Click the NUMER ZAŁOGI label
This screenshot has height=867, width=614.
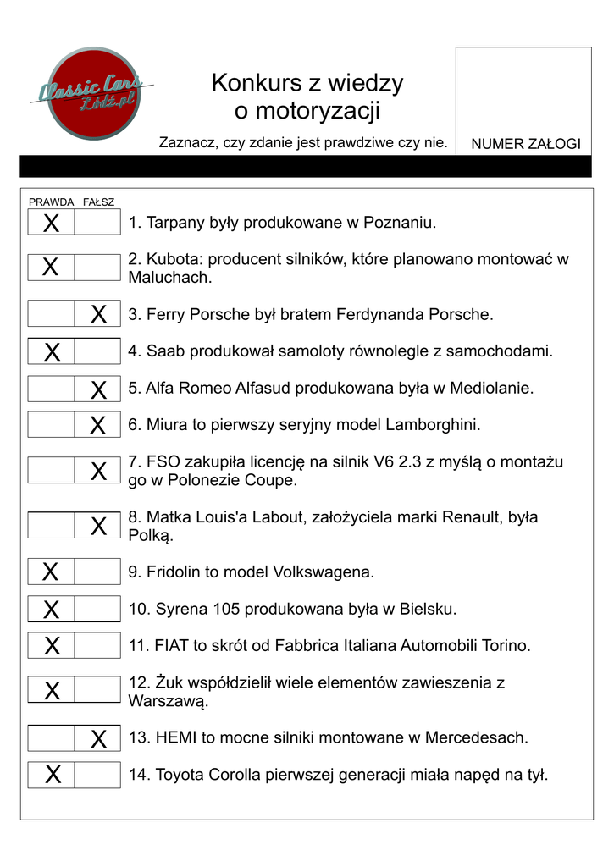pyautogui.click(x=525, y=144)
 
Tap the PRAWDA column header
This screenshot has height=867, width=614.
pyautogui.click(x=51, y=202)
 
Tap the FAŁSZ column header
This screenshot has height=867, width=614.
pyautogui.click(x=98, y=202)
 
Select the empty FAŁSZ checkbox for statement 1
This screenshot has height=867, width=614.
pyautogui.click(x=97, y=224)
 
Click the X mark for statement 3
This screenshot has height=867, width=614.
pyautogui.click(x=98, y=315)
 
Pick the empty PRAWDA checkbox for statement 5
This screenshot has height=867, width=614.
pyautogui.click(x=51, y=389)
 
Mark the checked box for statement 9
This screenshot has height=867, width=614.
pyautogui.click(x=51, y=572)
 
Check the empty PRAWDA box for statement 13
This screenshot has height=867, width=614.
pyautogui.click(x=51, y=738)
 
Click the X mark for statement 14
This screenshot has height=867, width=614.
pyautogui.click(x=53, y=775)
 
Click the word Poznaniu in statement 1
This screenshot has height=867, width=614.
pyautogui.click(x=400, y=224)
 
